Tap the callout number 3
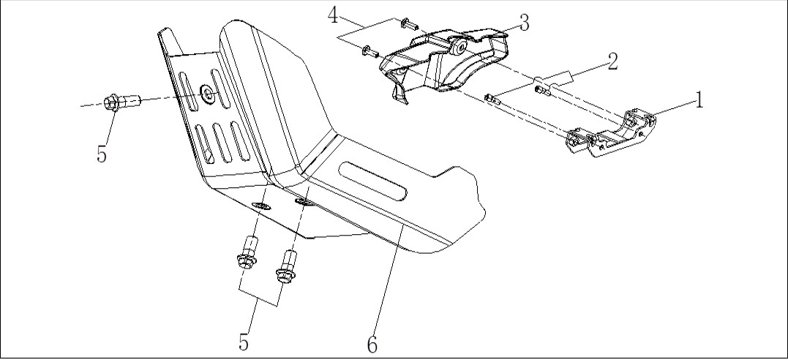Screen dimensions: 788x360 pos(524,23)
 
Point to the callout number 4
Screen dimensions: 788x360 pos(334,15)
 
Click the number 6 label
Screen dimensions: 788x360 pos(372,345)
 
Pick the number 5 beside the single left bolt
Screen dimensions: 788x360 pos(102,154)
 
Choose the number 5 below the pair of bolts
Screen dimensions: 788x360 pos(244,342)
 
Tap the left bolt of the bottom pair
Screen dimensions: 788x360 pos(248,253)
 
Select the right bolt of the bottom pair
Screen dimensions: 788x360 pos(287,266)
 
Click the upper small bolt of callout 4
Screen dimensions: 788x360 pos(407,23)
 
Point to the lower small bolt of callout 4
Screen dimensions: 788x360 pos(369,50)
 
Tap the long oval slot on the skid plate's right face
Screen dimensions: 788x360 pos(373,181)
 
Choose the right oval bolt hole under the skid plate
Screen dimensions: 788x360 pos(303,202)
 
